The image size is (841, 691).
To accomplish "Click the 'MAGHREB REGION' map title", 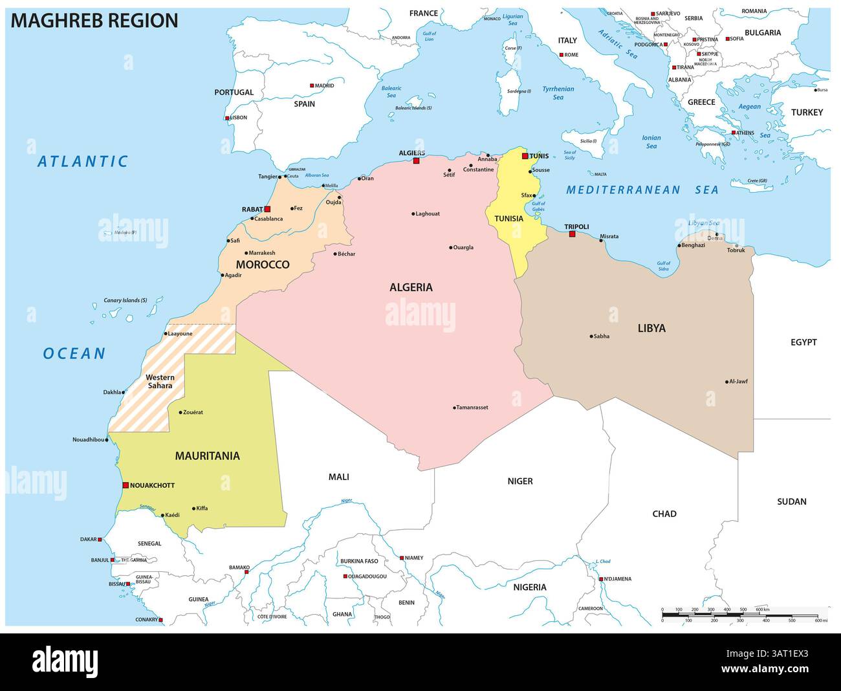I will pos(94,21).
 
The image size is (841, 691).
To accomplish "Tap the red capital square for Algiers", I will pos(417,160).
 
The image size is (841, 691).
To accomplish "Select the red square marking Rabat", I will pos(267,209).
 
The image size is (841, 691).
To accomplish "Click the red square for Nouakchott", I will pos(126,485).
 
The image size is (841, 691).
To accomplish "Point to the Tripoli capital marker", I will pos(571,234).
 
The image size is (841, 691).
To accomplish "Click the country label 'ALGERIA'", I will pos(411,287).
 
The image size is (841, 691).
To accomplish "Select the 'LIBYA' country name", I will pos(651,328).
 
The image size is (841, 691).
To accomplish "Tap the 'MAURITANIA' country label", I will pos(207,455).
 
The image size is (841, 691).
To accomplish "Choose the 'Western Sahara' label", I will pos(159,381).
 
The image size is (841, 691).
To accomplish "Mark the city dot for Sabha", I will pos(591,336).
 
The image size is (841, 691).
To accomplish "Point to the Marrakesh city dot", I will pos(246,253).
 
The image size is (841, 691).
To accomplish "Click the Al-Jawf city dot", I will pos(727,381).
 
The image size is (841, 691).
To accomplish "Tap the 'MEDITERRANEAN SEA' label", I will pos(642,190).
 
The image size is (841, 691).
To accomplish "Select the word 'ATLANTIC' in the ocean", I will pos(83,161).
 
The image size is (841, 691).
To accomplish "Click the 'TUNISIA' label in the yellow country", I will pos(508,219).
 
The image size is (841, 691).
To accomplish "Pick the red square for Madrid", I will pos(312,85).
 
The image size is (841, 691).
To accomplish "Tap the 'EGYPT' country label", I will pos(803,342).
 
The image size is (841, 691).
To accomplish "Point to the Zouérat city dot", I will pos(180,411).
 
